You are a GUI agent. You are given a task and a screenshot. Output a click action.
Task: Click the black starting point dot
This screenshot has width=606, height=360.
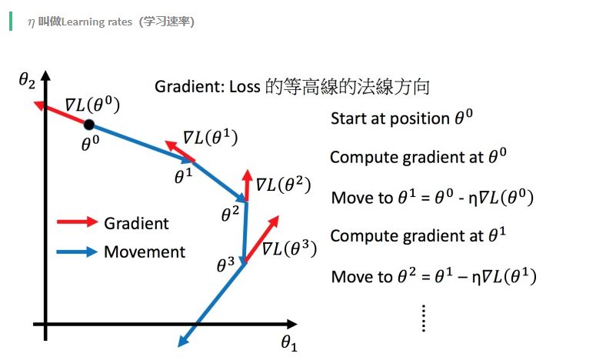[x=89, y=125]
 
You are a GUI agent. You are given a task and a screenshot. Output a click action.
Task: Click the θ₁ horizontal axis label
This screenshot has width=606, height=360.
[x=288, y=343]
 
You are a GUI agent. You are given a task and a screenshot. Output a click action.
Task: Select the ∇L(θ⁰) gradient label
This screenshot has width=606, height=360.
[x=93, y=105]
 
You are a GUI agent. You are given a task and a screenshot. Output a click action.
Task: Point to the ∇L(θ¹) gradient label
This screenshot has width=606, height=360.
[x=210, y=138]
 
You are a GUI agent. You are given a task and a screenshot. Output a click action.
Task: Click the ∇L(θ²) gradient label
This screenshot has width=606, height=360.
[x=283, y=185]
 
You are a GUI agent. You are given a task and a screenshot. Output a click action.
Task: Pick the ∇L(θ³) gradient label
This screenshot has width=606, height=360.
[x=289, y=249]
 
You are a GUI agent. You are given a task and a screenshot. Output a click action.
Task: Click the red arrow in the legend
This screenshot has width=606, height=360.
[x=77, y=223]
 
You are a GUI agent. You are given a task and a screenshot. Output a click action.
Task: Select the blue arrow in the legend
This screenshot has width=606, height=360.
[x=77, y=252]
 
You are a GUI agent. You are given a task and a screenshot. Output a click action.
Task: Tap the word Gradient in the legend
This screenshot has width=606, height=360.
[x=136, y=223]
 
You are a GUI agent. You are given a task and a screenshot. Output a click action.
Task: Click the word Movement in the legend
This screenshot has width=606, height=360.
[x=145, y=252]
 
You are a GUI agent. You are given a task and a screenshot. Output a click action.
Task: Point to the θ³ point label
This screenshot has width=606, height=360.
[x=225, y=265]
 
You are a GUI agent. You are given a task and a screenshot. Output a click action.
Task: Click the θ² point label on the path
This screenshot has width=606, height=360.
[x=230, y=213]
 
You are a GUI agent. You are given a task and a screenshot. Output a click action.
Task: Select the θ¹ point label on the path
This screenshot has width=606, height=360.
[x=183, y=174]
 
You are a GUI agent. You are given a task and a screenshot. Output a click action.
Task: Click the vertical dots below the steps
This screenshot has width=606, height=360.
[x=424, y=317]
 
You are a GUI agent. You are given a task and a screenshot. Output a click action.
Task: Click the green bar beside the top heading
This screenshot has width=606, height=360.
[x=11, y=21]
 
